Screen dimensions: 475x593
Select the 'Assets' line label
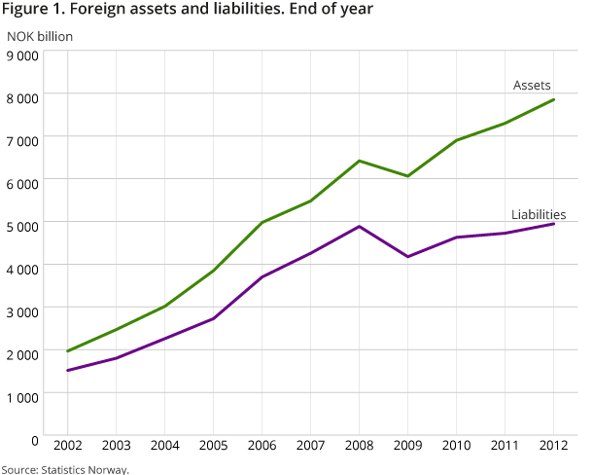click(x=532, y=86)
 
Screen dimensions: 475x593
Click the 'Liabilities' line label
click(x=539, y=214)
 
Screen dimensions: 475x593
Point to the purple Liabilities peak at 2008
click(x=359, y=227)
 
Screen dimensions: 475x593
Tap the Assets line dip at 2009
click(x=407, y=176)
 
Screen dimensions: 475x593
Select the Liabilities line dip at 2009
click(x=407, y=257)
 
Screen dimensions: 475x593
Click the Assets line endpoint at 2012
click(x=553, y=99)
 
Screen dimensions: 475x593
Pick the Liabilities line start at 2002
click(x=67, y=370)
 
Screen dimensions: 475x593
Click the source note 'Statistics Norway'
click(x=64, y=469)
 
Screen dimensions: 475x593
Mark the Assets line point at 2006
click(x=262, y=222)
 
